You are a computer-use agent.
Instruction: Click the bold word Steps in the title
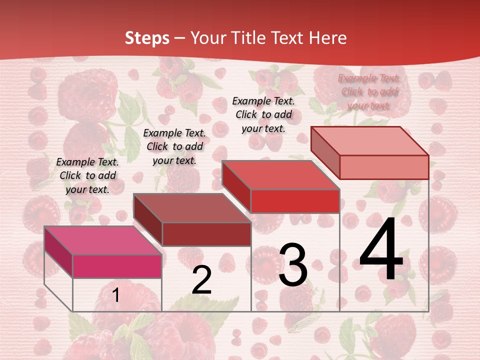(x=146, y=38)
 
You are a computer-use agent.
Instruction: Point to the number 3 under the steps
(x=293, y=264)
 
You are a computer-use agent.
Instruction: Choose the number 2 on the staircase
(x=201, y=280)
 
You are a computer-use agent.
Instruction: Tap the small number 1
(x=116, y=295)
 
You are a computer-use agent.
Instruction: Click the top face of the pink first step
(x=103, y=240)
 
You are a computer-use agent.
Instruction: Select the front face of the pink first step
(x=117, y=266)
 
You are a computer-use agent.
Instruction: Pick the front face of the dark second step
(x=206, y=234)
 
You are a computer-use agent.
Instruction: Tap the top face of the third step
(x=280, y=175)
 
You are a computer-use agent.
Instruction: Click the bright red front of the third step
(x=295, y=201)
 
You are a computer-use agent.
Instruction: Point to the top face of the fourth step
(x=369, y=141)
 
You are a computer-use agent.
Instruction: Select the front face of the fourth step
(x=384, y=167)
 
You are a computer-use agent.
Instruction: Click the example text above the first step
(x=87, y=175)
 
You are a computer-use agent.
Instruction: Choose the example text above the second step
(x=174, y=146)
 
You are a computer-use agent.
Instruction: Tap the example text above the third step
(x=263, y=114)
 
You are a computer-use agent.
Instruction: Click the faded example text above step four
(x=369, y=91)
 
